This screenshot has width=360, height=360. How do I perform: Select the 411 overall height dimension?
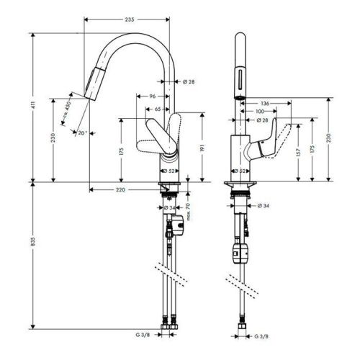click(32, 107)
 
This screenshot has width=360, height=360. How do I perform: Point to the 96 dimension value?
click(153, 96)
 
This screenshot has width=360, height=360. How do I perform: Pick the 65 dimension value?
click(158, 108)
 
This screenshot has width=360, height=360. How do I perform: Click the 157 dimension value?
click(295, 153)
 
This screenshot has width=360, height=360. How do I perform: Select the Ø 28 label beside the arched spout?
click(189, 81)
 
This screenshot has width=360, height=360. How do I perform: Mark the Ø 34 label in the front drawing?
click(264, 205)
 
